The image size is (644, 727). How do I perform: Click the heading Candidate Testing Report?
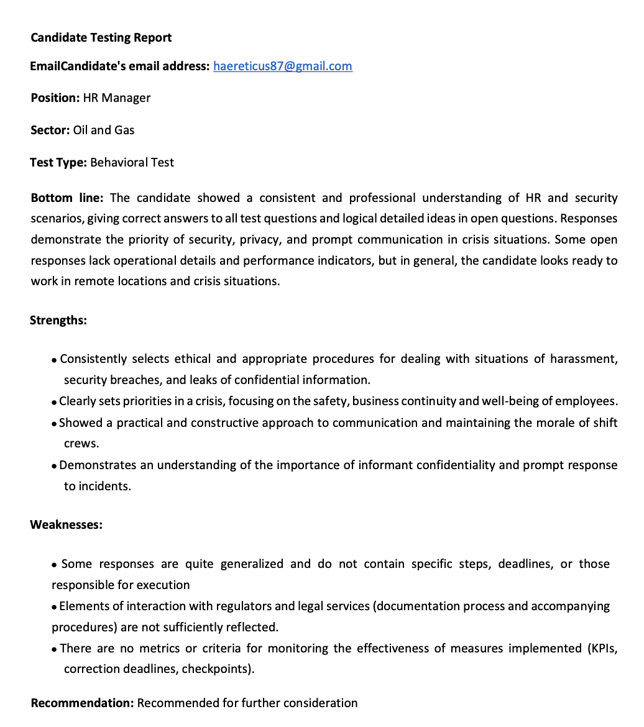click(x=101, y=37)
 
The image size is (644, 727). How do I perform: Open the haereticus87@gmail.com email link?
click(x=282, y=66)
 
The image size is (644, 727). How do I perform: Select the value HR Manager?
click(x=117, y=98)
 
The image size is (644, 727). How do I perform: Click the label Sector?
click(x=50, y=130)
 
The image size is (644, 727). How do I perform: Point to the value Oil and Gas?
click(x=104, y=130)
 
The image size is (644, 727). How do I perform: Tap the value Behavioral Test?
click(x=132, y=162)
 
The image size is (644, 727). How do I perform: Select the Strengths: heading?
click(x=58, y=321)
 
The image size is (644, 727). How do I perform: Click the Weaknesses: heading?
click(x=66, y=524)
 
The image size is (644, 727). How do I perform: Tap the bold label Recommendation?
click(x=83, y=703)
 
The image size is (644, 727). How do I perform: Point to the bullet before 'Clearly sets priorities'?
click(x=55, y=402)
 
